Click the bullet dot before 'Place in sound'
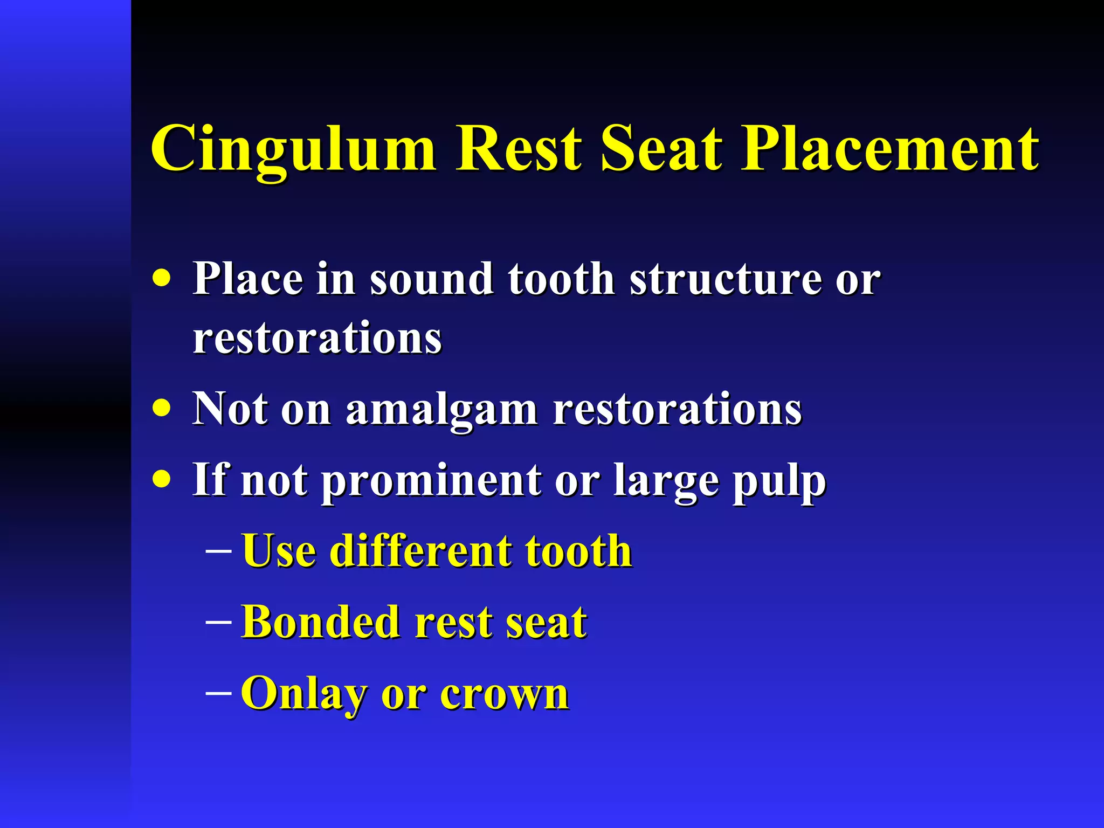[x=161, y=279]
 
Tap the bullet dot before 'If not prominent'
[x=161, y=478]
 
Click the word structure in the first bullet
[x=726, y=280]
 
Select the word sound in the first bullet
[x=431, y=280]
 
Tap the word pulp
[x=778, y=481]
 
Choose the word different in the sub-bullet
[x=420, y=551]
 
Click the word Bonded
[x=320, y=622]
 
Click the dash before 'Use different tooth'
[x=219, y=551]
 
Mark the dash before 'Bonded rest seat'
[x=219, y=622]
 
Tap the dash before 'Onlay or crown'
[x=219, y=693]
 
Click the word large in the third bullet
[x=666, y=481]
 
